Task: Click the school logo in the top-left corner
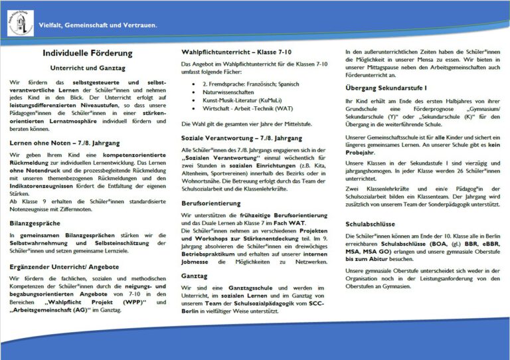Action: (x=19, y=23)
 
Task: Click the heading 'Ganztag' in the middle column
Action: (x=195, y=274)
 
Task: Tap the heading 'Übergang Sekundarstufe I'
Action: (x=386, y=87)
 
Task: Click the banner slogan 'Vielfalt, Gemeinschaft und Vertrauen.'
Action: (x=98, y=25)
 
